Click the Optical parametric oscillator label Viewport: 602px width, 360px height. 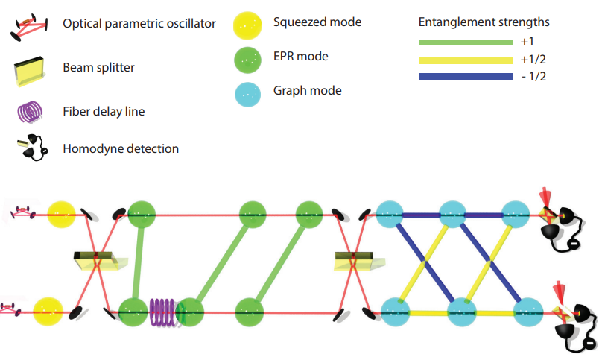click(139, 24)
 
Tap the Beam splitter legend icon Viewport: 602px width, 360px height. click(32, 69)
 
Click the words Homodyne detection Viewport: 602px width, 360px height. click(121, 148)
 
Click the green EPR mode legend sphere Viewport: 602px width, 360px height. click(246, 58)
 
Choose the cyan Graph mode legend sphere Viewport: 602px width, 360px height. click(246, 92)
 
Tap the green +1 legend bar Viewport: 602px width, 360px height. click(466, 42)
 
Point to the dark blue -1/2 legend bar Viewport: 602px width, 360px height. click(466, 77)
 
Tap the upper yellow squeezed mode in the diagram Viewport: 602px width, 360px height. click(61, 215)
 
